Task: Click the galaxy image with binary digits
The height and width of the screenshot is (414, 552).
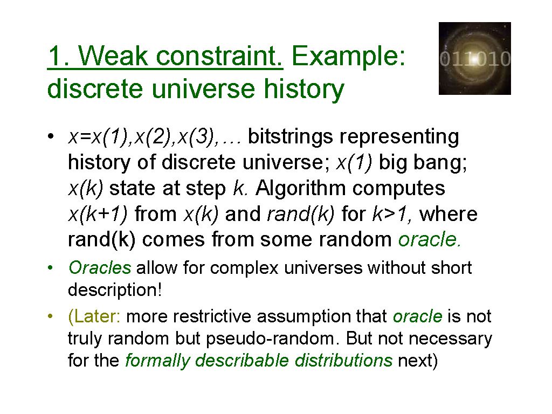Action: pyautogui.click(x=474, y=58)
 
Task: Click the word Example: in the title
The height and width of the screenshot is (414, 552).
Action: pyautogui.click(x=349, y=56)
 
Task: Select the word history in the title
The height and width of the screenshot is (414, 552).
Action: pyautogui.click(x=304, y=89)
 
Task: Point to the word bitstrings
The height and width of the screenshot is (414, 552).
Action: pyautogui.click(x=289, y=137)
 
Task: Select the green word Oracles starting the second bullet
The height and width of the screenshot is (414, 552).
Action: pyautogui.click(x=100, y=268)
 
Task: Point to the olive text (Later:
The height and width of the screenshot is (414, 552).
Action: pyautogui.click(x=94, y=316)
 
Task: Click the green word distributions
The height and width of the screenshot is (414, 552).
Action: pyautogui.click(x=343, y=361)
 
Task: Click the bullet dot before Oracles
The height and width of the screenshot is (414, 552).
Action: pyautogui.click(x=50, y=268)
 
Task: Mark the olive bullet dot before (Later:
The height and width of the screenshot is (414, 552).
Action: pyautogui.click(x=50, y=316)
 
